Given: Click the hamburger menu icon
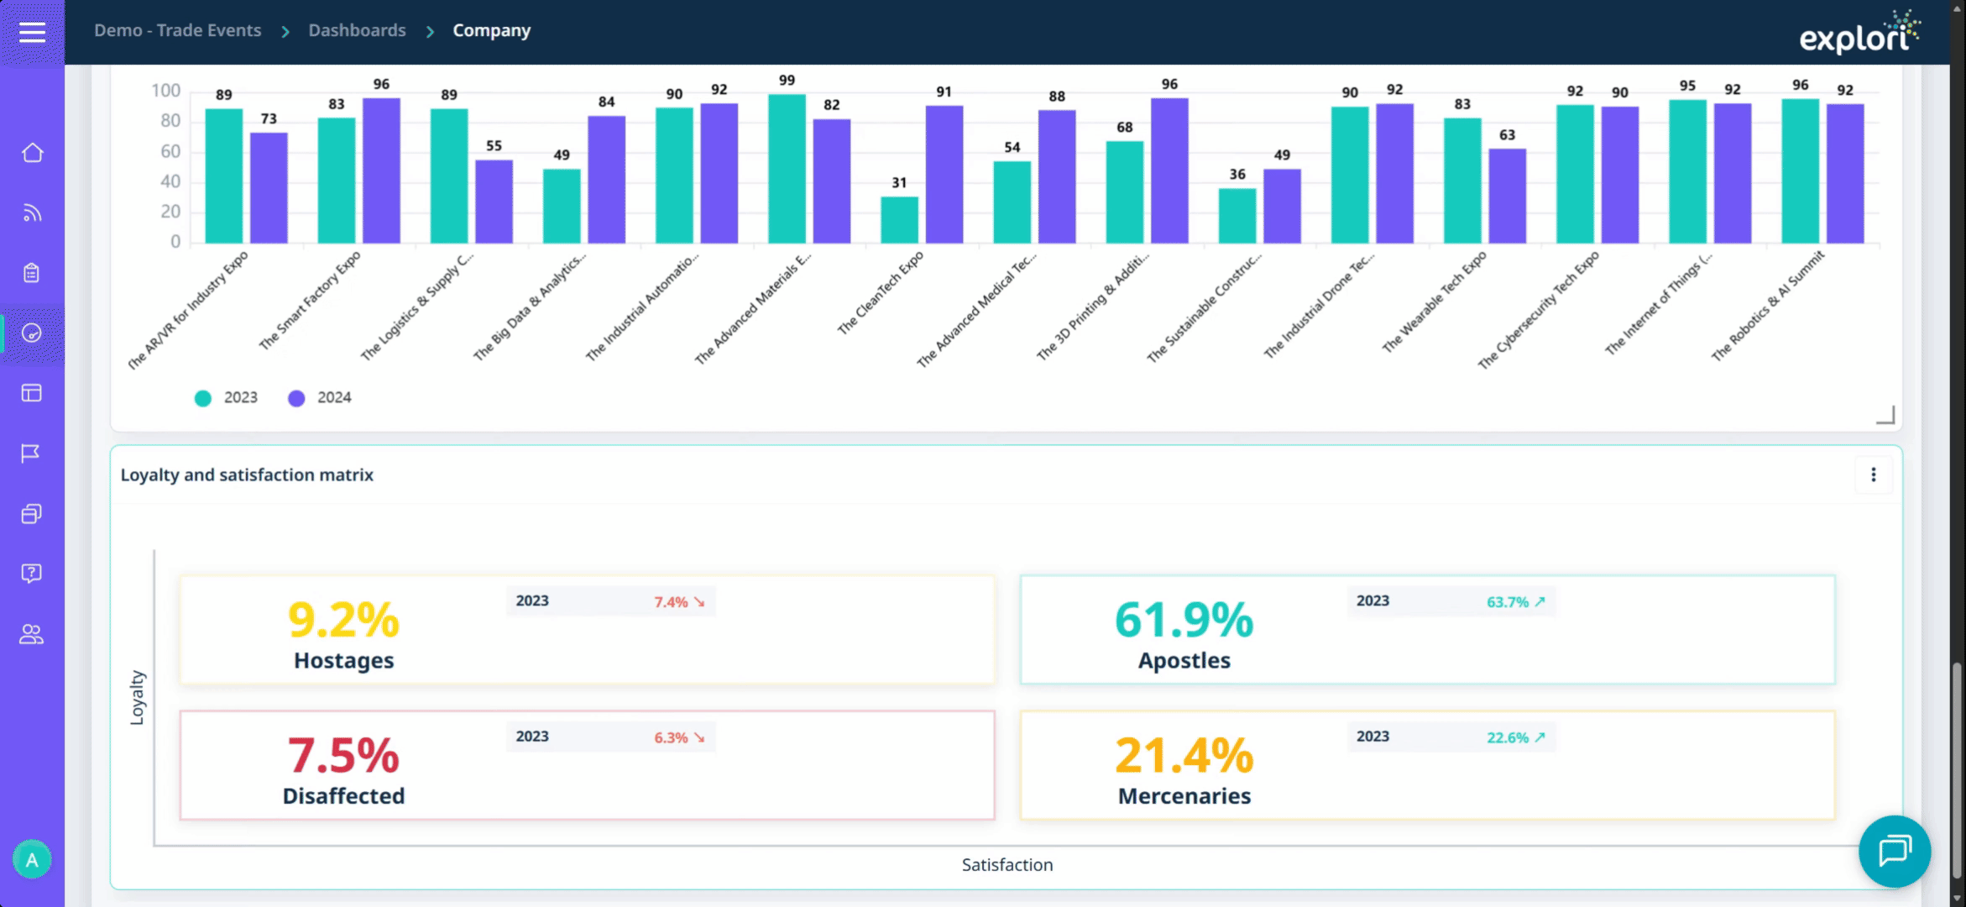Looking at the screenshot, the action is coord(32,32).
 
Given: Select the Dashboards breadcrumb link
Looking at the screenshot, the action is coord(357,30).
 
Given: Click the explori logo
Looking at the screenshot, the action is coord(1859,34).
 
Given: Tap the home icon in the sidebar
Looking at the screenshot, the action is coord(32,153).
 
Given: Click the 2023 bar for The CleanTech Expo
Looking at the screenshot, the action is coord(899,220).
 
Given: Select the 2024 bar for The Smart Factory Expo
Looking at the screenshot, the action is coord(381,170).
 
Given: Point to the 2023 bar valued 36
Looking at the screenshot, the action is coord(1237,216).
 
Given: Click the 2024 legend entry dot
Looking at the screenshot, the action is coord(296,398).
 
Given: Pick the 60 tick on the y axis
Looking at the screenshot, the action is coord(170,151).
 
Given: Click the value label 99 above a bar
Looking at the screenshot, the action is coord(787,81).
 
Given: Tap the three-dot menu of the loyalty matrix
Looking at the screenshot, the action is coord(1873,474).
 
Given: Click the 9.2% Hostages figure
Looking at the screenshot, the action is coord(343,620).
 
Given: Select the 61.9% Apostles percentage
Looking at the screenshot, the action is coord(1184,620).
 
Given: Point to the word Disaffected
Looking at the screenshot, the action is coord(343,796).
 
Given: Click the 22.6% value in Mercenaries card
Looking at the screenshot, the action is coord(1508,737).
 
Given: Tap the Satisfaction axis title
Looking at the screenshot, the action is coord(1007,865).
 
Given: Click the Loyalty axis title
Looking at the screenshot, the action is coord(138,697).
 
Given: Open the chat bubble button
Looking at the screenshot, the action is coord(1895,851).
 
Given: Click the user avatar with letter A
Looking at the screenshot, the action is coord(32,859).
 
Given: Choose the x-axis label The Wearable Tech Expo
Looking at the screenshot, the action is coord(1435,301).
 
